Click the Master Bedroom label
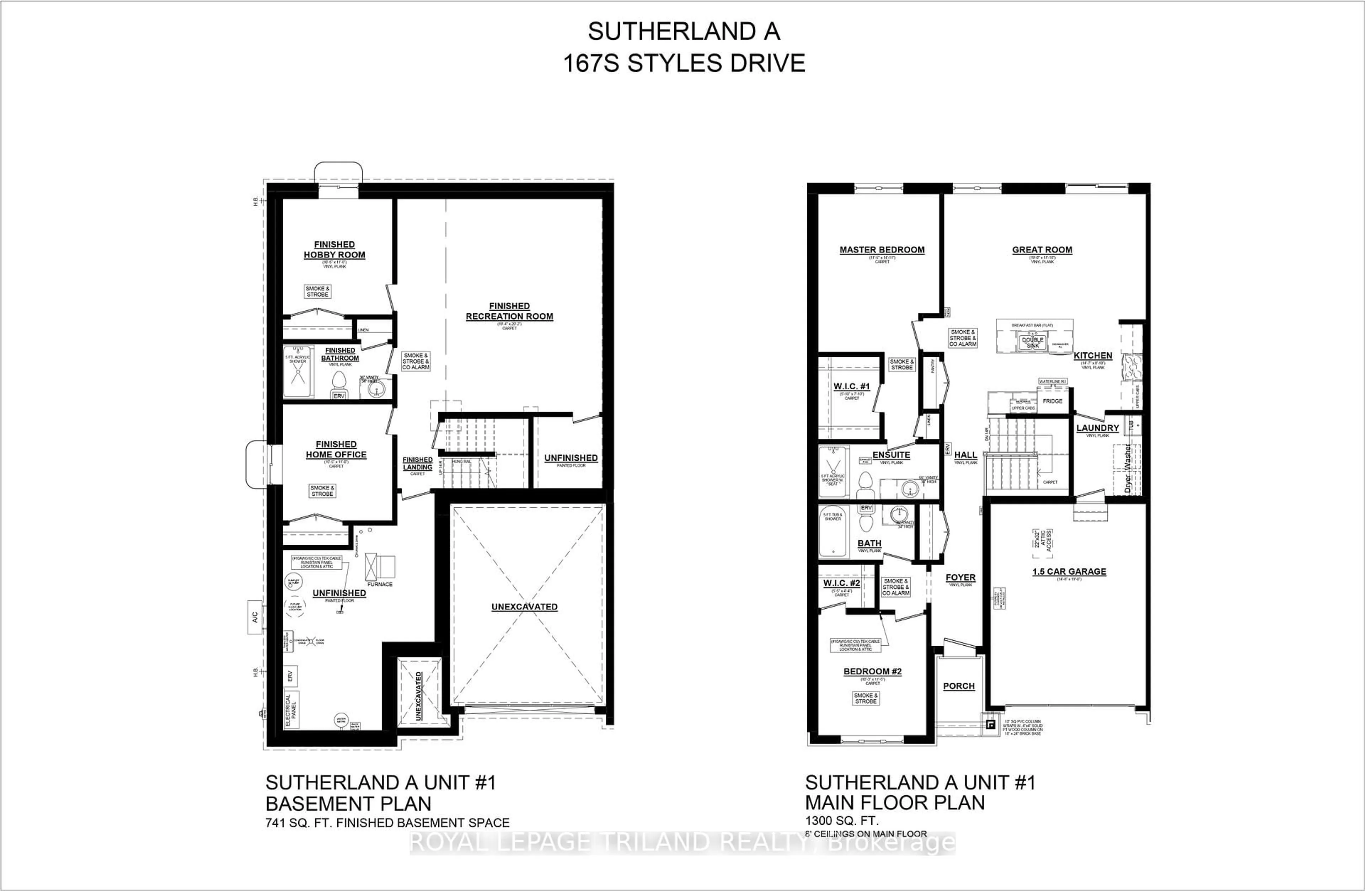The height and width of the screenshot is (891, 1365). [882, 250]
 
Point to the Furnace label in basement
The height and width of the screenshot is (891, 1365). [380, 584]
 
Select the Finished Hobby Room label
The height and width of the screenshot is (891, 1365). [334, 250]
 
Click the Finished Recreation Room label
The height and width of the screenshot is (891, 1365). [509, 311]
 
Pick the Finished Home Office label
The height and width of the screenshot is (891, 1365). [336, 449]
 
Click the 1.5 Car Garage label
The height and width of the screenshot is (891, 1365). [1069, 571]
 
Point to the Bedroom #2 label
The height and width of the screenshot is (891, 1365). [872, 671]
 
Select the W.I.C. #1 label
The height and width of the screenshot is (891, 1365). [852, 386]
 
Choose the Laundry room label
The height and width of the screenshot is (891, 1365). [1097, 427]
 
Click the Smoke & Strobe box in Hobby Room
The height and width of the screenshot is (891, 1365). [317, 292]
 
